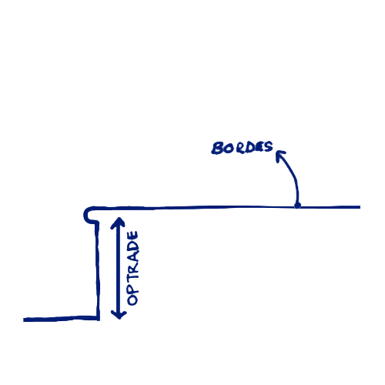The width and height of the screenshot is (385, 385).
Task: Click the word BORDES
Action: (242, 148)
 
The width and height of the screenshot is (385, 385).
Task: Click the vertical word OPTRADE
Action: (133, 268)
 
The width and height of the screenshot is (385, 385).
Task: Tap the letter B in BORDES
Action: (217, 148)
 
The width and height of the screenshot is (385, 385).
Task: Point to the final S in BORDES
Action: (268, 147)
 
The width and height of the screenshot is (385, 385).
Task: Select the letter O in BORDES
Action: (229, 149)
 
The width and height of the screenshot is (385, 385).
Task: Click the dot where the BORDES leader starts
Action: (297, 206)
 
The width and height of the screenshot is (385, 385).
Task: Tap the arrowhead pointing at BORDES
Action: (280, 155)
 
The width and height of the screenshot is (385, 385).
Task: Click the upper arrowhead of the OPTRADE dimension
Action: (118, 222)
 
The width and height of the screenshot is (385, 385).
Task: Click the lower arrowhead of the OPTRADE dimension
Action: (119, 314)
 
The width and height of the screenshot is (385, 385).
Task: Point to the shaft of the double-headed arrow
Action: (119, 268)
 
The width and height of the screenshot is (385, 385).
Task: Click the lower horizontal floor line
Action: (61, 319)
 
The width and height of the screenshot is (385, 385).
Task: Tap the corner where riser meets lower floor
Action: (98, 319)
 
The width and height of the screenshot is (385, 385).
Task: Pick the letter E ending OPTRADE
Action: (133, 236)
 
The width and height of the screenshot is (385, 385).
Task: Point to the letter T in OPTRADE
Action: (133, 276)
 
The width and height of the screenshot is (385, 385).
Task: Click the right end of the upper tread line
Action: (360, 207)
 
